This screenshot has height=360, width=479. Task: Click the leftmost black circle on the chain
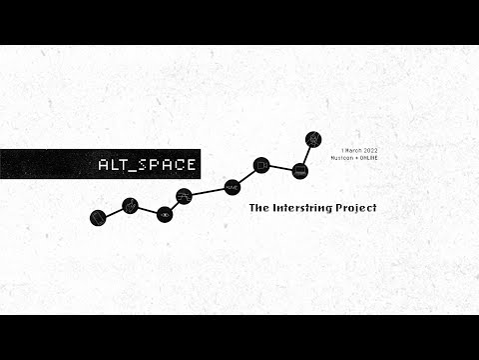[x=98, y=216]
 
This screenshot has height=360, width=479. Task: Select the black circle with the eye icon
[x=165, y=213]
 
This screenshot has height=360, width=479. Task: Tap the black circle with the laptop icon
[x=300, y=171]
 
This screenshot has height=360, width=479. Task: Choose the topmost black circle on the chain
[x=312, y=137]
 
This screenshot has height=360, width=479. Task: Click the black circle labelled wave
[x=232, y=186]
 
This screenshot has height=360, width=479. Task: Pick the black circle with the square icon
[x=261, y=164]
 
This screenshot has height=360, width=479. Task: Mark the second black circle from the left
[x=130, y=205]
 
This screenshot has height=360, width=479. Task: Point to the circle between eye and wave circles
[x=184, y=195]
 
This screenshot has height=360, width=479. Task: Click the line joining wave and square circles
[x=246, y=175]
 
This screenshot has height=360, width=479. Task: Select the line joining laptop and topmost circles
[x=306, y=154]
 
